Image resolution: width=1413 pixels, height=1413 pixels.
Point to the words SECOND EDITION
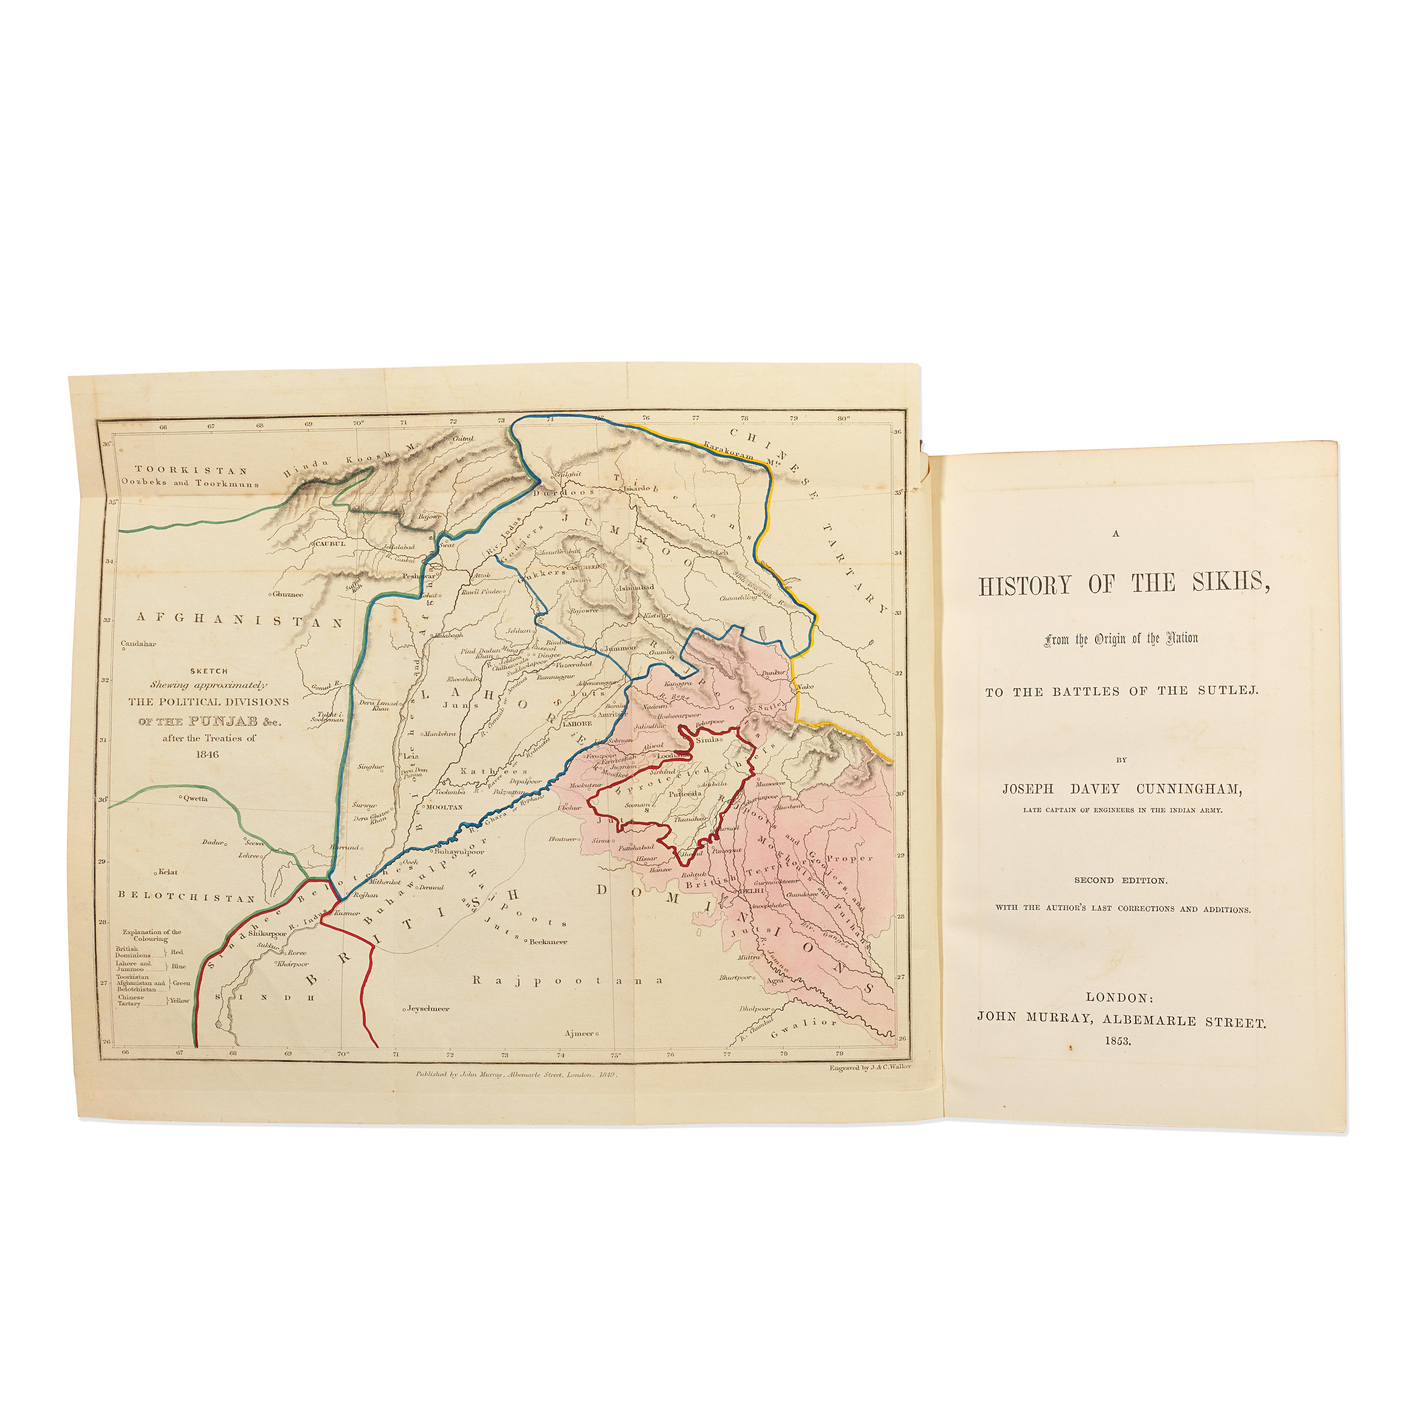1121,881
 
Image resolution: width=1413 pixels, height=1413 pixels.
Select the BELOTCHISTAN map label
187,898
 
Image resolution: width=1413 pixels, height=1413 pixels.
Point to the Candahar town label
138,644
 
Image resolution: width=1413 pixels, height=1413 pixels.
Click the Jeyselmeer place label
428,1009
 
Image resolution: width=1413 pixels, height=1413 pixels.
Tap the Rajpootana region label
568,981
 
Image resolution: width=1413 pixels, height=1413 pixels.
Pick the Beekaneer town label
549,942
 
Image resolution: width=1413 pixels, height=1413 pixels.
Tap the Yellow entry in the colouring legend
179,1000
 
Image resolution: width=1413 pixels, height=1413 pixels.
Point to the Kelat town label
167,872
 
